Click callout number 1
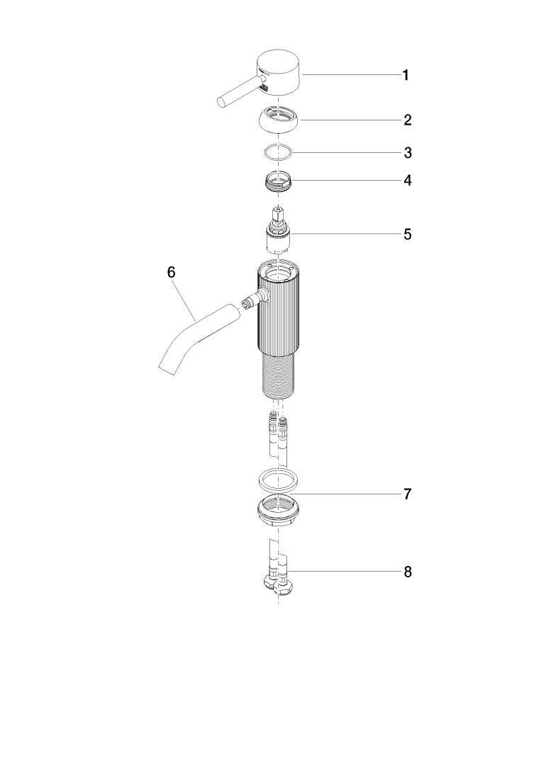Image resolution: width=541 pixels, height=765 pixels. click(406, 75)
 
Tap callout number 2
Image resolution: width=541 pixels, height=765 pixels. click(408, 120)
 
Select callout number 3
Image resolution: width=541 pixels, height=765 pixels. click(408, 153)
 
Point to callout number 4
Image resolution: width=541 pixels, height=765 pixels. click(408, 181)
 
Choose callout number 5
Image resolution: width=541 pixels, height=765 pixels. click(408, 234)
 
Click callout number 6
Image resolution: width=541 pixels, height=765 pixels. click(171, 272)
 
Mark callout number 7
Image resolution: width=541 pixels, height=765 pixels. click(408, 494)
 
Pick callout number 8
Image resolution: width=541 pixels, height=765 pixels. click(408, 572)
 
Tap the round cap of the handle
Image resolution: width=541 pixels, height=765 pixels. click(279, 72)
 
